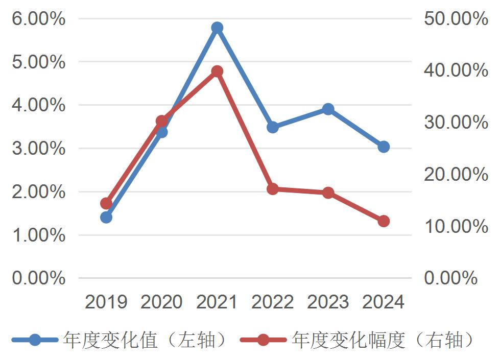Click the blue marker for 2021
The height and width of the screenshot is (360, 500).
point(217,28)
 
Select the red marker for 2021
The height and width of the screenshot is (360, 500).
point(217,71)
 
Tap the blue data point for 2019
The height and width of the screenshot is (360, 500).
point(106,218)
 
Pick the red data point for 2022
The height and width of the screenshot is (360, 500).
point(273,189)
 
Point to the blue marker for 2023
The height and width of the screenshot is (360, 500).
point(328,109)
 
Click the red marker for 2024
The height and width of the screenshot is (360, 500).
point(384,221)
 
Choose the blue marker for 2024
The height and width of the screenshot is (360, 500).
point(384,147)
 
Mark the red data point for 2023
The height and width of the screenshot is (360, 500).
point(328,193)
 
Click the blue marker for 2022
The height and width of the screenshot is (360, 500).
point(273,127)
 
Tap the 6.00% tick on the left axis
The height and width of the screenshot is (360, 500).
point(38,19)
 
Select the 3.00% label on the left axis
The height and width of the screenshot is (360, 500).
point(38,149)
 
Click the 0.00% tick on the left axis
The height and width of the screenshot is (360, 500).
point(38,278)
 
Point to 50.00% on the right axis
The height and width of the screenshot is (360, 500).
point(456,19)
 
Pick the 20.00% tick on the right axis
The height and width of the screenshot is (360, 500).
point(456,175)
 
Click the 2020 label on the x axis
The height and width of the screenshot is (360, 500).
point(161,302)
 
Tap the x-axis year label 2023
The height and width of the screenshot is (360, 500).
point(328,302)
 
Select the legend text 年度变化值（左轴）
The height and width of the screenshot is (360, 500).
point(145,340)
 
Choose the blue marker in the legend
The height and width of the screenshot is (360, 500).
point(35,340)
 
